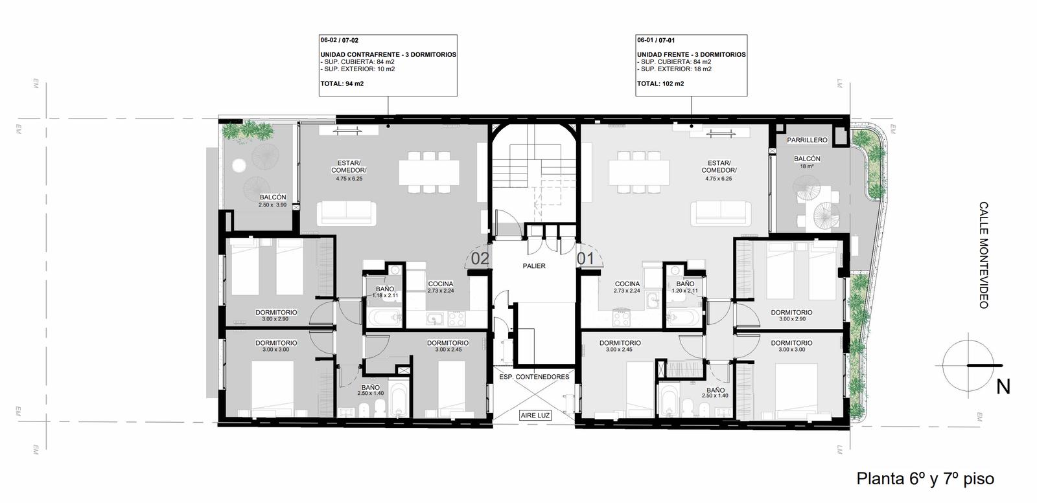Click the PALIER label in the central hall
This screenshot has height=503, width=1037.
click(x=534, y=266)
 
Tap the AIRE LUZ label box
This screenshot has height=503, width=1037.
click(x=535, y=415)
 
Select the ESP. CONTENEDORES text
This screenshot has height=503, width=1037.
click(x=534, y=377)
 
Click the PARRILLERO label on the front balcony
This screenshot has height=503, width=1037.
click(x=807, y=140)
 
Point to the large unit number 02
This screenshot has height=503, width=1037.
click(x=480, y=259)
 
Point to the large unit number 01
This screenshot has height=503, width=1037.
click(x=585, y=258)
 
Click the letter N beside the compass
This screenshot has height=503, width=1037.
click(x=1003, y=387)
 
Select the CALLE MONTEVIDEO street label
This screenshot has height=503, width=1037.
click(x=983, y=254)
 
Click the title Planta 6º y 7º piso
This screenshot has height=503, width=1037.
click(x=925, y=479)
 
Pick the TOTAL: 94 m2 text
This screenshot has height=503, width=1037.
click(x=342, y=84)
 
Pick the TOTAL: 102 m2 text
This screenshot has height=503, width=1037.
click(x=660, y=84)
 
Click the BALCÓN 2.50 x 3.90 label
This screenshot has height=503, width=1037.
click(x=273, y=201)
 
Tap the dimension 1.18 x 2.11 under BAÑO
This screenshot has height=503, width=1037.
click(x=385, y=295)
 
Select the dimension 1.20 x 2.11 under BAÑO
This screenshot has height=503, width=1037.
click(x=684, y=291)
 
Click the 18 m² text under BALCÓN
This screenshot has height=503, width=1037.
click(x=807, y=166)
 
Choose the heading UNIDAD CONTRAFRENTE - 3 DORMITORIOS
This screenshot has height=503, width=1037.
click(x=388, y=54)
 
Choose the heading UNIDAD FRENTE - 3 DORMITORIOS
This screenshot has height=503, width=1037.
click(x=691, y=54)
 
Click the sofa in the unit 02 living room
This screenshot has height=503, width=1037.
click(x=347, y=214)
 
